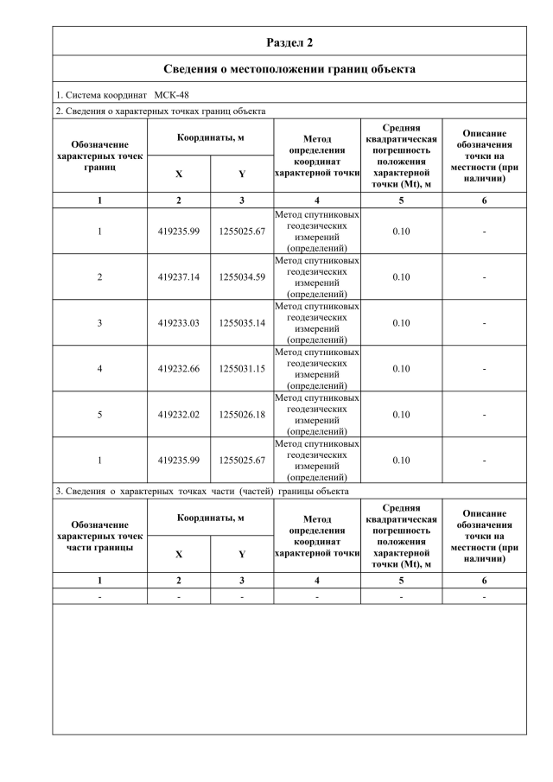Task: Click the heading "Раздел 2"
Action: (x=289, y=41)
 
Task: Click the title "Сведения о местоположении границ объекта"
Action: (x=289, y=68)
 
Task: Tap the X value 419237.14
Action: (x=179, y=277)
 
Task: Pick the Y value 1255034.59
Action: (x=242, y=277)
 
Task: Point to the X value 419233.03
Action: (x=179, y=323)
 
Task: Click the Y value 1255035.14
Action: (x=242, y=323)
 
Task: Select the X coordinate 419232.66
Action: (x=179, y=369)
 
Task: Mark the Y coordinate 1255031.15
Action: (x=242, y=369)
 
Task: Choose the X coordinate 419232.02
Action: (x=179, y=415)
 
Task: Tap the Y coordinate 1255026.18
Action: (x=242, y=415)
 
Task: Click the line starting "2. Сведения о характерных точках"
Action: (x=160, y=111)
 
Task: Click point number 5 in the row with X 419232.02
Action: (x=99, y=415)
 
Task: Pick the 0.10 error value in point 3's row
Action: (x=401, y=323)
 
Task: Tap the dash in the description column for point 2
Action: (x=484, y=277)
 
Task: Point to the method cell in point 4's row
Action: (x=316, y=369)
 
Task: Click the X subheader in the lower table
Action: (x=179, y=555)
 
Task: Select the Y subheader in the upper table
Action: (x=242, y=174)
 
